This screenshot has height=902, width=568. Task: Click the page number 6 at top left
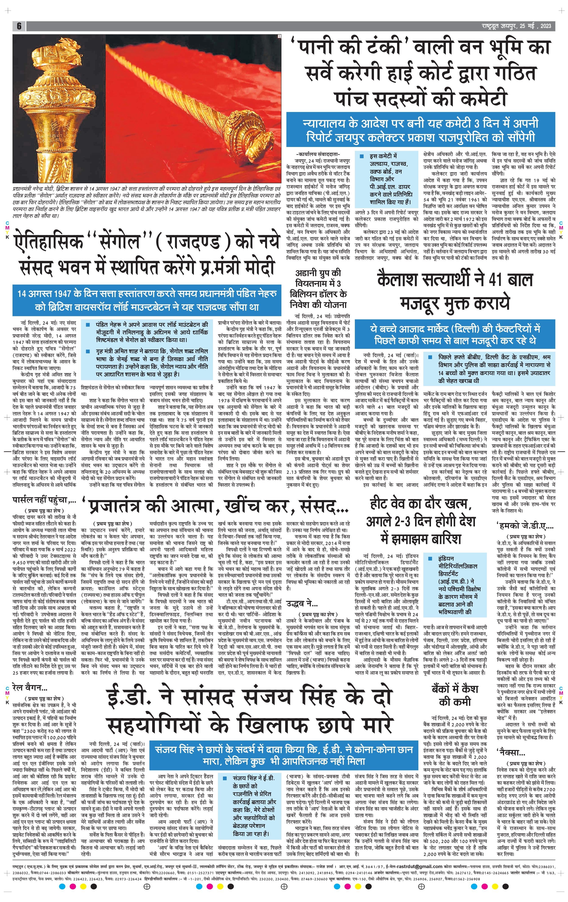pos(19,26)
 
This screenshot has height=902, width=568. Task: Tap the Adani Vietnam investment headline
pos(322,288)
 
